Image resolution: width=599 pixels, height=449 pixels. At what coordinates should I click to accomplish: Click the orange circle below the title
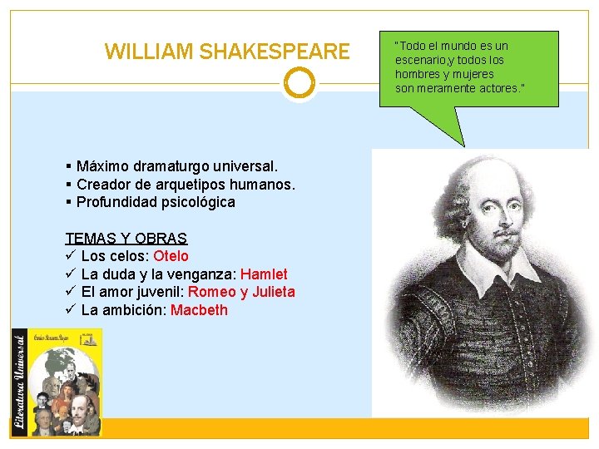[299, 83]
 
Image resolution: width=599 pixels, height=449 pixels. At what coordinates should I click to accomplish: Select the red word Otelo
[171, 256]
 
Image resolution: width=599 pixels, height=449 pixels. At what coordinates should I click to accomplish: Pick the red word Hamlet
[264, 274]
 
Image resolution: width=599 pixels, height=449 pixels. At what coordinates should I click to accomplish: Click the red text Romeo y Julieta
[241, 292]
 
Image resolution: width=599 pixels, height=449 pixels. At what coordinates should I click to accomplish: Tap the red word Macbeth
[199, 310]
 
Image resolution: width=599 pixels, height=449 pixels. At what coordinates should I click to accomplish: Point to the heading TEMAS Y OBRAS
[126, 238]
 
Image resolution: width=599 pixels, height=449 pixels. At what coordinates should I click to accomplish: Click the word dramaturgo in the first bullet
[171, 166]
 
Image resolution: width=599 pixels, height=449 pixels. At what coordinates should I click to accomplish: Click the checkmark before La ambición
[71, 310]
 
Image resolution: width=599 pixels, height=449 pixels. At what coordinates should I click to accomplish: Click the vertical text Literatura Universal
[19, 382]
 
